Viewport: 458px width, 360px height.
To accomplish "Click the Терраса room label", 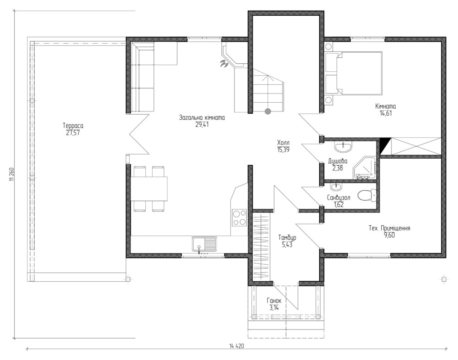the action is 73,126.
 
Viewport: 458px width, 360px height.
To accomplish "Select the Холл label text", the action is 283,143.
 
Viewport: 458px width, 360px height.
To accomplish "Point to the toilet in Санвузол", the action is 366,195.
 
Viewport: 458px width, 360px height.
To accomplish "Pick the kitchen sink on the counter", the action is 204,244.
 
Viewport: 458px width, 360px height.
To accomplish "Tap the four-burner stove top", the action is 239,217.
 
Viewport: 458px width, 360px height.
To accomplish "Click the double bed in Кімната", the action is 359,74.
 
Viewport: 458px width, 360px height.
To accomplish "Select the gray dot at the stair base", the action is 267,112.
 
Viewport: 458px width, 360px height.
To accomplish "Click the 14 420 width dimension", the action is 236,346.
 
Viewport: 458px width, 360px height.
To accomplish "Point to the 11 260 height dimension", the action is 12,174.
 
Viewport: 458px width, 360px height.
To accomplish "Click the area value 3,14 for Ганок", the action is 274,307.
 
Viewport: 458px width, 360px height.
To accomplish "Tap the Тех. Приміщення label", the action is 390,228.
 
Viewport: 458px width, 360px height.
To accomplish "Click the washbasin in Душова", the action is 343,147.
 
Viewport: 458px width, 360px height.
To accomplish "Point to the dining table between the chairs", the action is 149,188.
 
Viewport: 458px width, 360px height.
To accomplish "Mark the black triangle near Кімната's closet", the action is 383,145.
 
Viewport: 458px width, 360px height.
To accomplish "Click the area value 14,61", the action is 385,113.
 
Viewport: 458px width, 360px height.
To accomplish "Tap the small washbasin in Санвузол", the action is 336,186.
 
